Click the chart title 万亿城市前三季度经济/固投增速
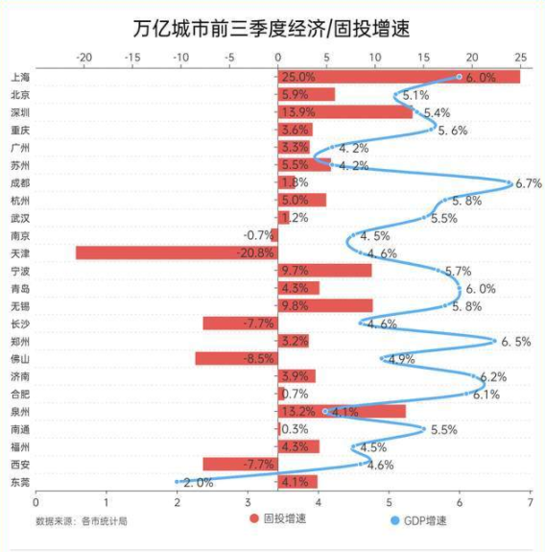pos(272,27)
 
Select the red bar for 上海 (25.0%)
pos(398,77)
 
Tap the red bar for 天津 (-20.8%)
pos(177,253)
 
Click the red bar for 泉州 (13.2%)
pos(342,412)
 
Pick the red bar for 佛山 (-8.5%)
pos(236,359)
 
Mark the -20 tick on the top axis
pos(83,56)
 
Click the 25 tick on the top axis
pos(520,56)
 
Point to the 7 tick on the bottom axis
pos(530,501)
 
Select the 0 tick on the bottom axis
pos(36,501)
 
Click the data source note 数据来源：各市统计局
pos(82,521)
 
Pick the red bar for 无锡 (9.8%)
pos(325,306)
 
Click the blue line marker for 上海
pos(459,77)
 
